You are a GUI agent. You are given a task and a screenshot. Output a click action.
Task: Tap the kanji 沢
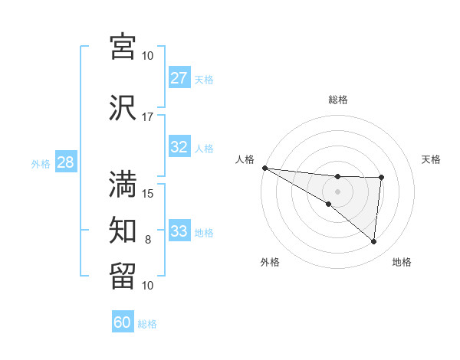[123, 107]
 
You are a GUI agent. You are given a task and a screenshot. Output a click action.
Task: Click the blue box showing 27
[179, 78]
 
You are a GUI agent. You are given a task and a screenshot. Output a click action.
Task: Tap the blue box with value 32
[179, 148]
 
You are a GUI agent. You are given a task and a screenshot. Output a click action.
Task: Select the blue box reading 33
[179, 231]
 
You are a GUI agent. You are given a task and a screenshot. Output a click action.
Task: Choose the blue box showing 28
[65, 162]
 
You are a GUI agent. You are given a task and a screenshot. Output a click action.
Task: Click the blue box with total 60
[123, 323]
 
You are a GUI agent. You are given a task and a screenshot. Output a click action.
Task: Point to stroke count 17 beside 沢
[147, 117]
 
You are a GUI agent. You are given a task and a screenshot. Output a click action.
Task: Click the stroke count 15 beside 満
[147, 193]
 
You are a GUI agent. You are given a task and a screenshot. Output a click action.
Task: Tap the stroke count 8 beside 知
[148, 240]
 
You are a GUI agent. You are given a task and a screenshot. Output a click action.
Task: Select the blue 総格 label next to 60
[147, 324]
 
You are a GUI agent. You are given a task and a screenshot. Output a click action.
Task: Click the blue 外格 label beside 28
[41, 163]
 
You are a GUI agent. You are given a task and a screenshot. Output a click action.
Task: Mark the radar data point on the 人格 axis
[264, 168]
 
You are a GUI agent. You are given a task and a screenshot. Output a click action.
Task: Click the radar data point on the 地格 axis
[373, 241]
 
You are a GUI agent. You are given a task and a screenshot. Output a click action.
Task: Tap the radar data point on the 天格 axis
[381, 178]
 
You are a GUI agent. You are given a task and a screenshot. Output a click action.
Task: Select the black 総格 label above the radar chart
[337, 100]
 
